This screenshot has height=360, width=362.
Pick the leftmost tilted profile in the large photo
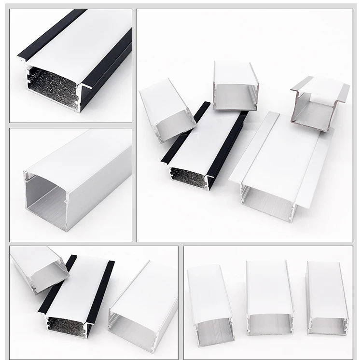[167, 109]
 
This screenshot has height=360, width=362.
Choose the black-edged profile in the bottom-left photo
[80, 294]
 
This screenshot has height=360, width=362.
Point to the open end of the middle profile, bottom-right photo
[269, 323]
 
